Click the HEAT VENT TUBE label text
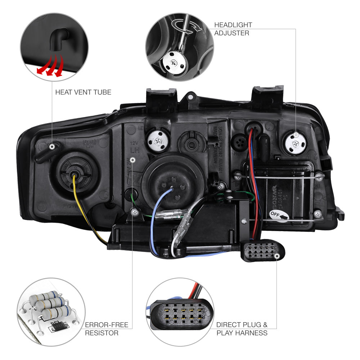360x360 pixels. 83,92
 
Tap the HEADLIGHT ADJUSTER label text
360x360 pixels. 233,29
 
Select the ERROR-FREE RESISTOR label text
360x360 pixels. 107,329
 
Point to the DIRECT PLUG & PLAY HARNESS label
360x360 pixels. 242,329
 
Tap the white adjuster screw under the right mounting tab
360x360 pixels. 296,144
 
